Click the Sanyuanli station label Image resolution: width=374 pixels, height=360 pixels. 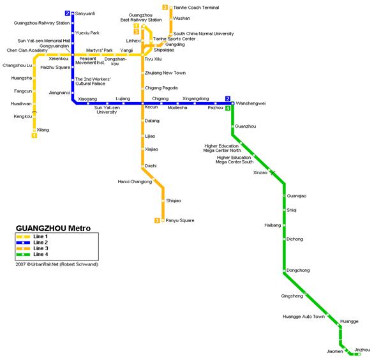click(x=85, y=13)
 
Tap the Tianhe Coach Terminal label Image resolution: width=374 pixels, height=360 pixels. click(x=196, y=8)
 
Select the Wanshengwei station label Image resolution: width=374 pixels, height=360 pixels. click(x=251, y=103)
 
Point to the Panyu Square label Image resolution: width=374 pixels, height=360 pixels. click(x=180, y=220)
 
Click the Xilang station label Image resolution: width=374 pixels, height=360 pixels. click(x=43, y=130)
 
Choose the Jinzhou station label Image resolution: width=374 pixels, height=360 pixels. click(x=363, y=350)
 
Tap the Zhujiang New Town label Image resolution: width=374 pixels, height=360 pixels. click(x=165, y=73)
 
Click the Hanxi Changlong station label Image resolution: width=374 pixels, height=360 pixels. click(x=135, y=182)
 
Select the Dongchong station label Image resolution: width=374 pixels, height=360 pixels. click(x=298, y=270)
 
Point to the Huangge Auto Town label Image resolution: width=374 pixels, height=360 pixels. click(x=304, y=317)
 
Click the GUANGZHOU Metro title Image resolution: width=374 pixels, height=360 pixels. click(x=53, y=229)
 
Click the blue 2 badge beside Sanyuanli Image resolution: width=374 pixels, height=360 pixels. click(x=68, y=13)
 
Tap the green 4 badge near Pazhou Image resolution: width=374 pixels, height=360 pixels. click(x=228, y=109)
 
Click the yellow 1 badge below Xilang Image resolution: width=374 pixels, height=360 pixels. click(x=34, y=135)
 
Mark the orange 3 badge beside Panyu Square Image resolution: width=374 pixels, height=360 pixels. click(x=157, y=221)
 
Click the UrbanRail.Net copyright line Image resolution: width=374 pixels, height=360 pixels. click(x=57, y=264)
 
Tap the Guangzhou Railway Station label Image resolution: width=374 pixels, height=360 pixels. click(x=41, y=23)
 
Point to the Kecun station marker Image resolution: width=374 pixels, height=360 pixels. click(x=142, y=103)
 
